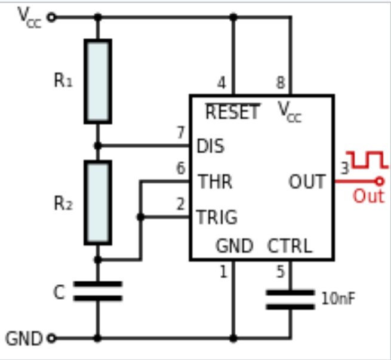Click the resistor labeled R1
tap(97, 81)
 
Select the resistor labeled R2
tap(97, 202)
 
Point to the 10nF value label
tap(338, 299)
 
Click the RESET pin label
tap(233, 112)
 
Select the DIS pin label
tap(211, 146)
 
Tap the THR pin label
tap(215, 181)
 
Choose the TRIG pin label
tap(217, 217)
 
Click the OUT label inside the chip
tap(307, 181)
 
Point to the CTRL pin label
tap(290, 246)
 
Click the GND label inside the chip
tap(235, 246)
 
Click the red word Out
tap(368, 196)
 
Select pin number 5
tap(281, 272)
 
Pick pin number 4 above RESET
tap(221, 83)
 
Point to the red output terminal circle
tap(378, 181)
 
